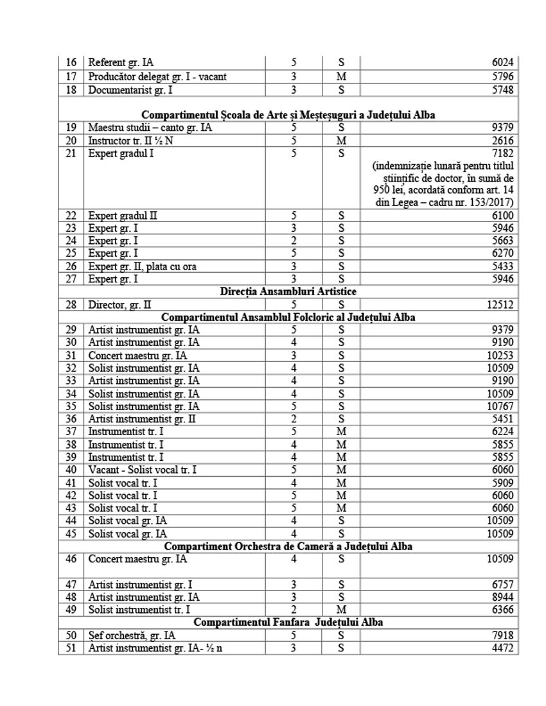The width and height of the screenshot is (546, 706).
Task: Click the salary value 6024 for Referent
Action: click(501, 63)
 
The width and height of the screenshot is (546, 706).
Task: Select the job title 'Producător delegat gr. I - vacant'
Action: click(157, 77)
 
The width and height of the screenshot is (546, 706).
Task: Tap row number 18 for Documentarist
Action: click(71, 90)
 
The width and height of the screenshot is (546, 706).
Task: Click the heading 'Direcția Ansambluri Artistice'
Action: click(288, 291)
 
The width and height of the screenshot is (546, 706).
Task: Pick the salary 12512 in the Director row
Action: click(498, 305)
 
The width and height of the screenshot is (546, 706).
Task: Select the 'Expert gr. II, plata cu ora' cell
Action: click(142, 267)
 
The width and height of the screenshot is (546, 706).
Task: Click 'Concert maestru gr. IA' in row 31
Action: click(143, 356)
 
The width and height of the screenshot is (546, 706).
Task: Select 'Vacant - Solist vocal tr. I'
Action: click(142, 470)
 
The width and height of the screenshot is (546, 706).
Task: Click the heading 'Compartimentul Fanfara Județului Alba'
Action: click(288, 623)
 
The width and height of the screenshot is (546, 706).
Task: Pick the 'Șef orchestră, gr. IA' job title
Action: click(132, 635)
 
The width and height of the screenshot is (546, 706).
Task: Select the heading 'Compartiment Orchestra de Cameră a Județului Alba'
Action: click(288, 546)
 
